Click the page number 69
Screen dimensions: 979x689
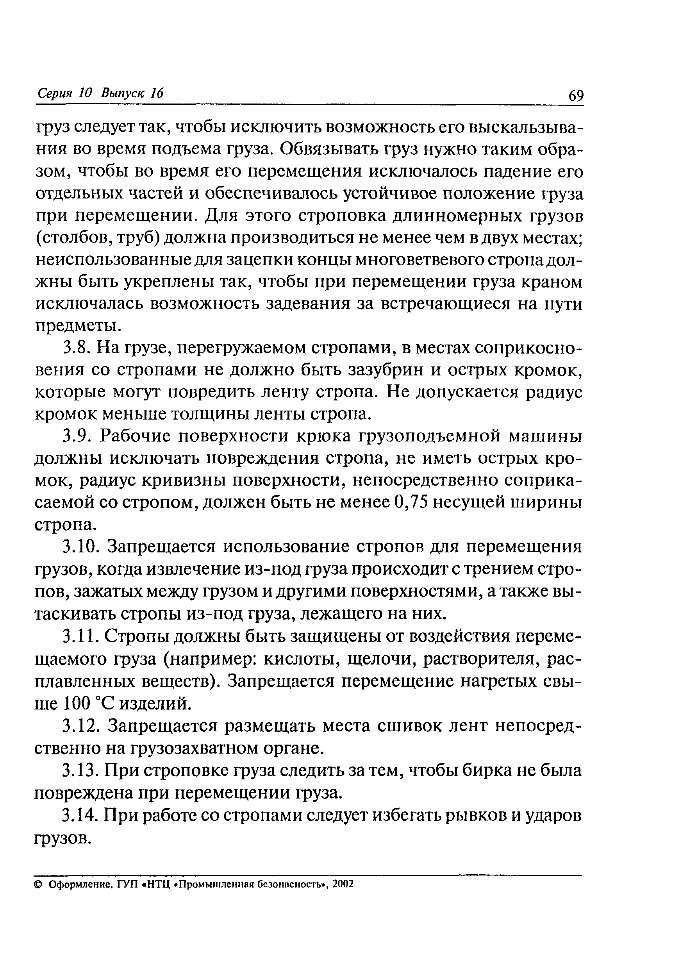coord(576,95)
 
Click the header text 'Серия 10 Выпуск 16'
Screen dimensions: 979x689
coord(101,93)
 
